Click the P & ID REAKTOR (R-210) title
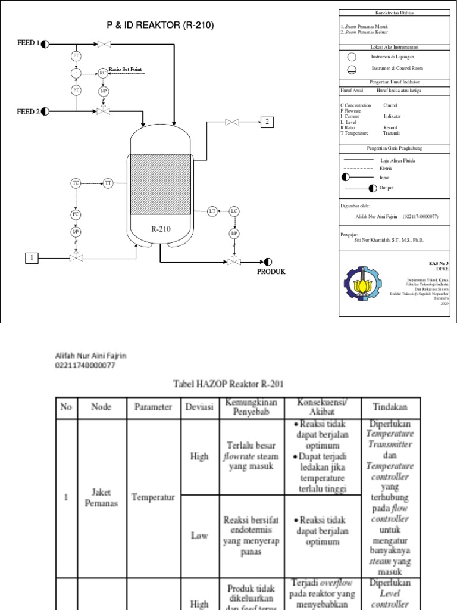[x=159, y=25]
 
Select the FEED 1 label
[x=29, y=43]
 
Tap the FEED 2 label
[x=29, y=111]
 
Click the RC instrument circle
[x=103, y=73]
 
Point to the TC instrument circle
[x=76, y=183]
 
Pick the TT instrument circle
[x=108, y=183]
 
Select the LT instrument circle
[x=212, y=211]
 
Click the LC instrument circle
[x=234, y=211]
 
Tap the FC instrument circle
[x=76, y=214]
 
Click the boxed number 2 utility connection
[x=267, y=123]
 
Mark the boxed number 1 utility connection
[x=30, y=258]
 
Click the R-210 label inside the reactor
[x=161, y=228]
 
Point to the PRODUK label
[x=271, y=272]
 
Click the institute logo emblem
[x=362, y=283]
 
